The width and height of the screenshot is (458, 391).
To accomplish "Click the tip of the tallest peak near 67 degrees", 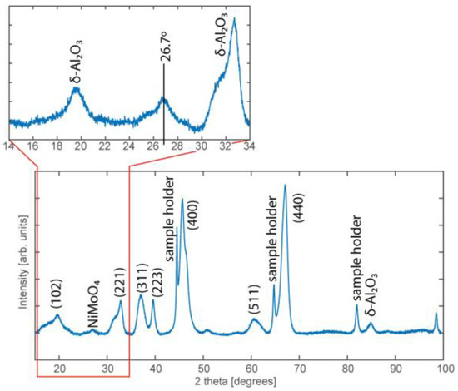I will (285, 186).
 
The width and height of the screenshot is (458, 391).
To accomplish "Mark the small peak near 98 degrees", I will (436, 314).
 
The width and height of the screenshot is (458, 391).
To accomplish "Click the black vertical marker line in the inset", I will (164, 108).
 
